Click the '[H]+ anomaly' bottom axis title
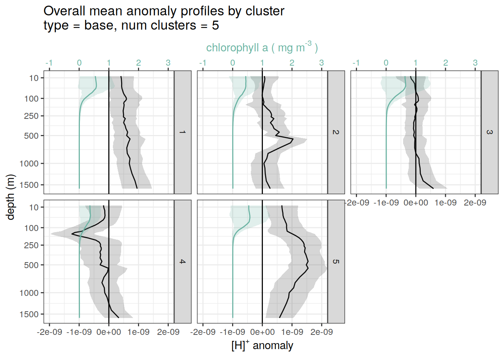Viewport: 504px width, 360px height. click(262, 345)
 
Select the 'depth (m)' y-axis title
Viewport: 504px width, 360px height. click(10, 197)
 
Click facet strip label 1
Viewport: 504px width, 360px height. click(183, 132)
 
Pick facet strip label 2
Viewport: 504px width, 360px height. click(336, 132)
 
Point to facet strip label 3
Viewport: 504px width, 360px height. click(489, 132)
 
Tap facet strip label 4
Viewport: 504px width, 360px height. click(183, 261)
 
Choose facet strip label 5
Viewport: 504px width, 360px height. click(336, 261)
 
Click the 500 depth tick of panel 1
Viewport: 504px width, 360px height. click(31, 136)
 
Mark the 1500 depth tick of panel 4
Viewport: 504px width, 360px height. click(29, 314)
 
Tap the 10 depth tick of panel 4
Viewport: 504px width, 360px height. click(34, 207)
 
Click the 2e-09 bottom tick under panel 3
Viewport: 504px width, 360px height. click(475, 203)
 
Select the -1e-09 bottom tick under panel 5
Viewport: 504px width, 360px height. click(232, 332)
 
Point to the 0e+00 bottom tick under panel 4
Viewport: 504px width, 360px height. click(109, 332)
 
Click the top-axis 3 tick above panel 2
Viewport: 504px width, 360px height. click(321, 63)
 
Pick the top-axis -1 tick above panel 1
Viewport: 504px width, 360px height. click(49, 63)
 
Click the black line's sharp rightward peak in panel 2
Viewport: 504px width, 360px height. click(293, 139)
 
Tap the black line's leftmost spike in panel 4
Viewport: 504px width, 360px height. click(72, 234)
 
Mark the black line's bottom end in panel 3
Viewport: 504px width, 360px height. click(433, 188)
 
